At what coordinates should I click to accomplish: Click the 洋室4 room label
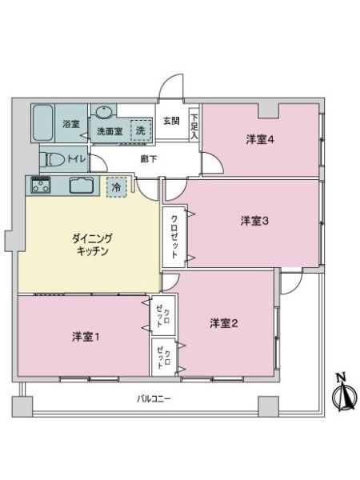coord(260,140)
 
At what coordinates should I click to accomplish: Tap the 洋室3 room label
coord(254,221)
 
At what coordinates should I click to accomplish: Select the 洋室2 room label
coord(224,323)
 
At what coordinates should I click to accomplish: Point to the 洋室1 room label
coord(86,337)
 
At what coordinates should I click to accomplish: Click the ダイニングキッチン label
coord(92,245)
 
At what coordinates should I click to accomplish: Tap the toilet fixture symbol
coord(55,159)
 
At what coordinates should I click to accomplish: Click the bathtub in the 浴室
coord(43,122)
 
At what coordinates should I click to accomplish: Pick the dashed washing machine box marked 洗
coord(141,130)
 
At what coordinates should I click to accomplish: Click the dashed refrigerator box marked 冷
coord(116,187)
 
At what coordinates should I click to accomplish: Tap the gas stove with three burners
coord(40,186)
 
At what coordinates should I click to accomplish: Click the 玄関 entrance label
coord(171,121)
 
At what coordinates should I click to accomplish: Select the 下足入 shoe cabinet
coord(194,126)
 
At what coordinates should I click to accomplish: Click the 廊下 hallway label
coord(149,159)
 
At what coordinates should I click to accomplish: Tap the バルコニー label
coord(154,399)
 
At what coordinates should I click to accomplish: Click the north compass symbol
coord(344,393)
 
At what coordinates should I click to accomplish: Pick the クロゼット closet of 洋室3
coord(174,238)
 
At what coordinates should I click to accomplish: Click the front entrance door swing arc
coord(170,82)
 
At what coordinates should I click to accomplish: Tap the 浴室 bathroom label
coord(71,124)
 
